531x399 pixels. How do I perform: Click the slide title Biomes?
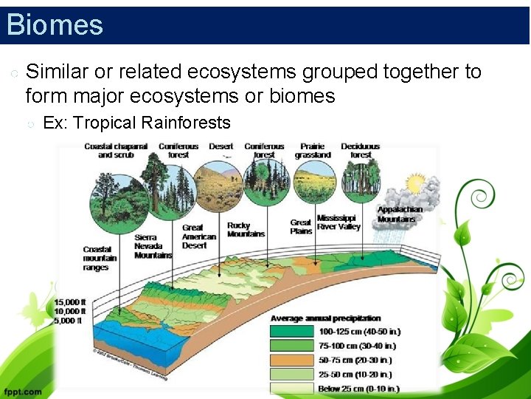(55, 24)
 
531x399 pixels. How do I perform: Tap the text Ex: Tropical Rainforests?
(136, 123)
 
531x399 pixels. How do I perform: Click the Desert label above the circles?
(221, 146)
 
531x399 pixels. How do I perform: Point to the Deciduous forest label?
(361, 151)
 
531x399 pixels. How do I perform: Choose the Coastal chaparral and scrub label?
(116, 151)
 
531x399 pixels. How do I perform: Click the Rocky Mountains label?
(246, 230)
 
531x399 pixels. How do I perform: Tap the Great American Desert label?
(199, 236)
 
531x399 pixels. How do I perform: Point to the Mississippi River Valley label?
(339, 222)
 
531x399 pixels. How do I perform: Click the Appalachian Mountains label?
(400, 214)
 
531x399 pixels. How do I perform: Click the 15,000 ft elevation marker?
(71, 301)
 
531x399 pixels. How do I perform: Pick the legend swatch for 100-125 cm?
(293, 331)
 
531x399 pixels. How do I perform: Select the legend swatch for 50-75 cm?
(293, 360)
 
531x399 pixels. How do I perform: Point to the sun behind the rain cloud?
(415, 183)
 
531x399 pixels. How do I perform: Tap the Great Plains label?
(301, 226)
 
